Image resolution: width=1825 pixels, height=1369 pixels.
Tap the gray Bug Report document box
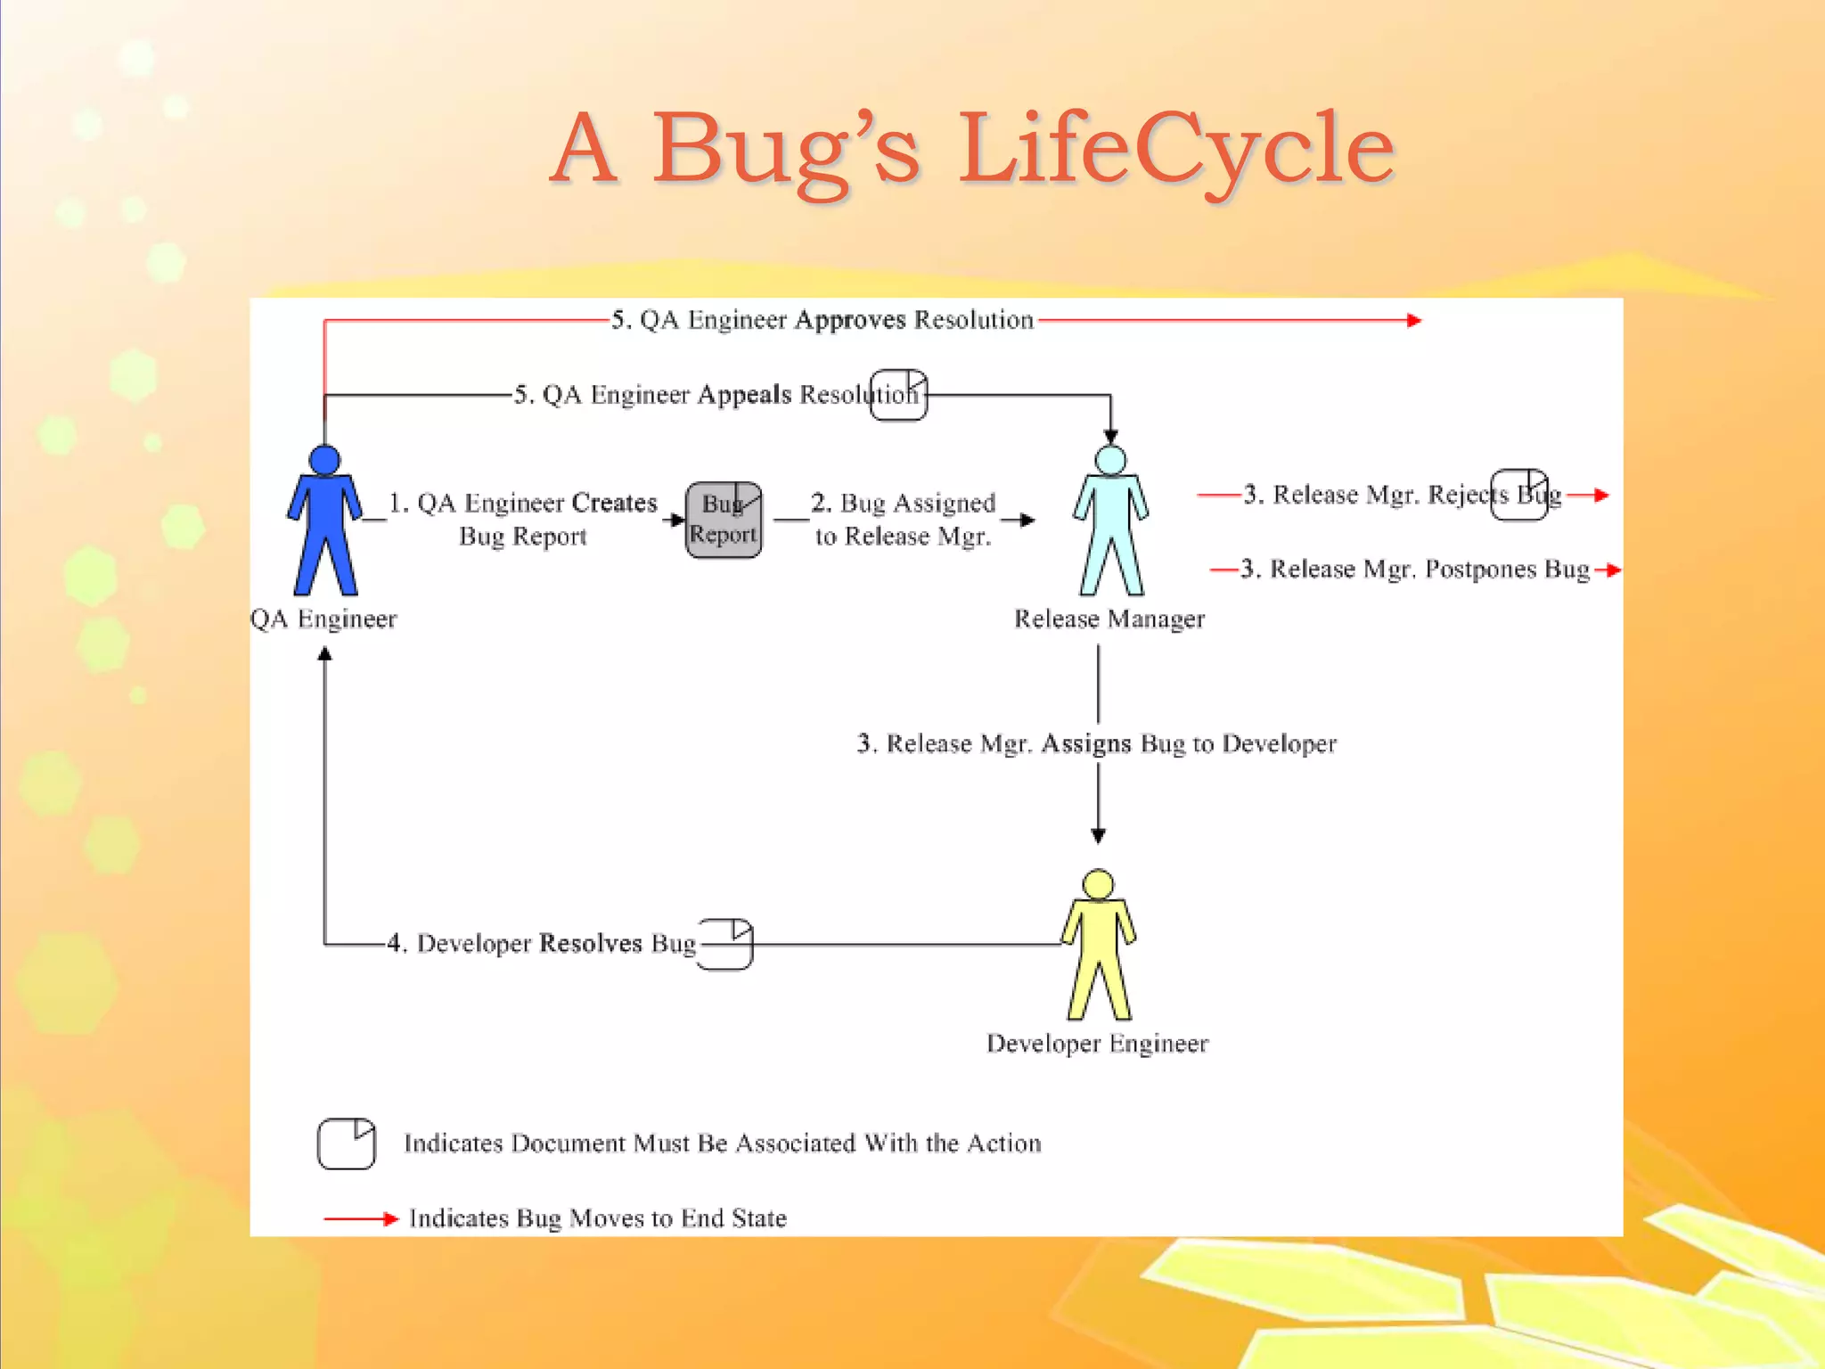tap(723, 520)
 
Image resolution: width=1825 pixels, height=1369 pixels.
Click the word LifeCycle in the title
tap(1176, 149)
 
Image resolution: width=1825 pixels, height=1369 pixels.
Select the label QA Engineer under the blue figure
tap(323, 619)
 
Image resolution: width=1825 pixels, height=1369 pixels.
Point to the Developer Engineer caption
tap(1097, 1044)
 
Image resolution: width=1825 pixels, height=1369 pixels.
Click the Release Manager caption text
tap(1109, 619)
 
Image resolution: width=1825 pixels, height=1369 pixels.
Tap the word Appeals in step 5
tap(744, 395)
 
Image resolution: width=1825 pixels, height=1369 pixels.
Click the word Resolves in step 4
tap(590, 943)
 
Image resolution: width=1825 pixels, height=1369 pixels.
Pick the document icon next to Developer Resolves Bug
tap(726, 944)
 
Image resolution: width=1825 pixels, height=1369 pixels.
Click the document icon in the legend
tap(347, 1143)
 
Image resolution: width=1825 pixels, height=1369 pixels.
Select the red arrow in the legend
tap(360, 1218)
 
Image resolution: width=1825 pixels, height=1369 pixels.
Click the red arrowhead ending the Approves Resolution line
tap(1413, 320)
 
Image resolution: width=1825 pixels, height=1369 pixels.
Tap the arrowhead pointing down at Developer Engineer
tap(1098, 835)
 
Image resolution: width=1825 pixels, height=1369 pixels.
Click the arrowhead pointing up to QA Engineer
tap(325, 655)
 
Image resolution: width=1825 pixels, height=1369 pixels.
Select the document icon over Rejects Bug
tap(1519, 494)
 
